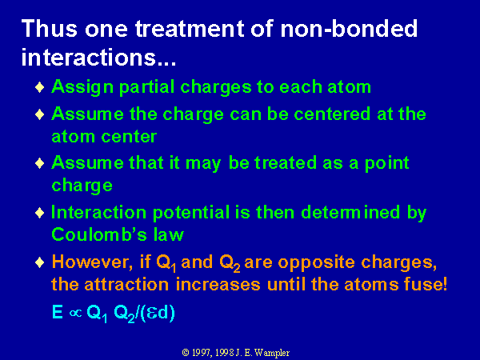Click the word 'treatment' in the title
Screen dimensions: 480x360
[x=190, y=29]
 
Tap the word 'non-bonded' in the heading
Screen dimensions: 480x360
[x=349, y=29]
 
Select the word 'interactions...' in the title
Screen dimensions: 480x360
[x=99, y=57]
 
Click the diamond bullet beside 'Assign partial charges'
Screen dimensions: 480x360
[x=40, y=87]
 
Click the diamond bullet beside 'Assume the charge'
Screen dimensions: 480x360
[x=40, y=114]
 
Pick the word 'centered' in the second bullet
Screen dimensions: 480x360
[x=332, y=114]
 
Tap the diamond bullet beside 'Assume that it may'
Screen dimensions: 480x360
[x=40, y=163]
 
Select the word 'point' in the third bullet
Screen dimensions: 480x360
[x=386, y=163]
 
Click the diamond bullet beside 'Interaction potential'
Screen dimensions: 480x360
[x=40, y=213]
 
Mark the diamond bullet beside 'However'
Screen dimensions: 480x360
[x=40, y=262]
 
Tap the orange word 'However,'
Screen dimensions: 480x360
[x=92, y=262]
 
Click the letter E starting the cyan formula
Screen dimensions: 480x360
[x=58, y=312]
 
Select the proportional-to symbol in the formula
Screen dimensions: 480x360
[x=75, y=313]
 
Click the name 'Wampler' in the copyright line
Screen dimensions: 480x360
[x=272, y=353]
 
